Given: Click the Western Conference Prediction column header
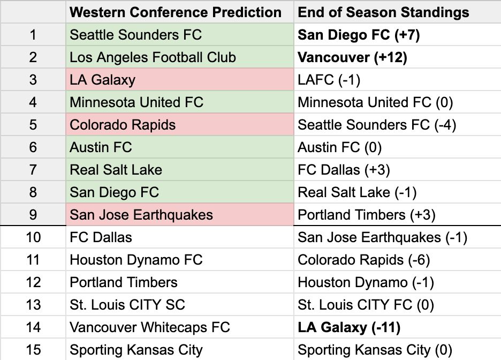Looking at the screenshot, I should click(x=176, y=12).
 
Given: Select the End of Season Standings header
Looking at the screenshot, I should click(x=383, y=12).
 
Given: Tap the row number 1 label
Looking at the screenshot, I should click(x=33, y=35).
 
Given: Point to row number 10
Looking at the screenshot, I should click(x=33, y=237).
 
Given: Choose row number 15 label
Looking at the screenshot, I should click(x=33, y=350).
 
